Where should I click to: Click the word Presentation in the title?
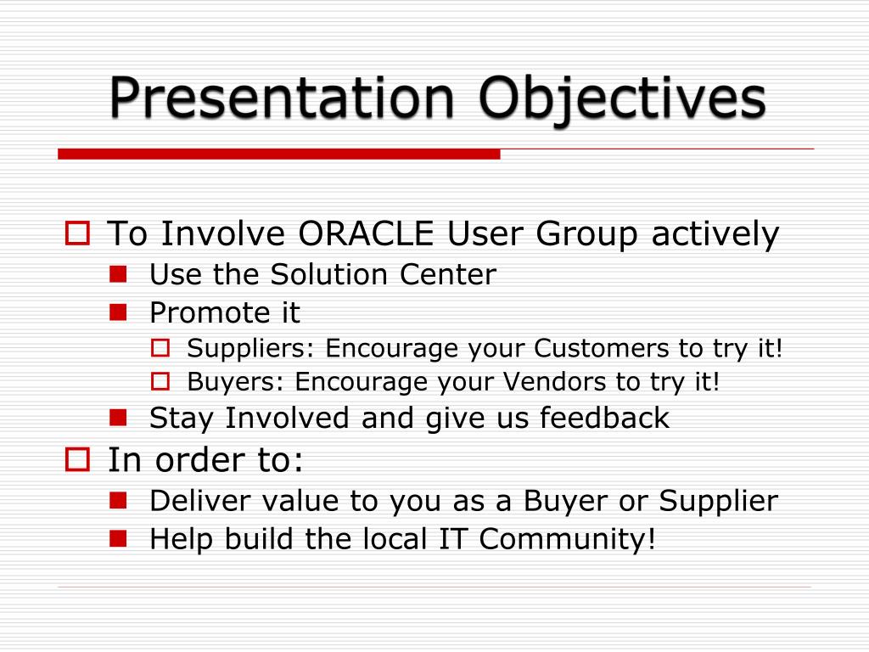[282, 98]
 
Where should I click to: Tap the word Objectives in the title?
[622, 101]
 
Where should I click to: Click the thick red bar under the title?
[278, 154]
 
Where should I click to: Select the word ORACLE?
[366, 233]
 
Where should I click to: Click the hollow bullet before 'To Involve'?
[77, 233]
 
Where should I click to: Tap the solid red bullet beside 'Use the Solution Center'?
[118, 274]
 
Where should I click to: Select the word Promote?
[210, 312]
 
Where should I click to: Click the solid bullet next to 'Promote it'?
[118, 312]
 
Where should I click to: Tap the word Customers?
[602, 348]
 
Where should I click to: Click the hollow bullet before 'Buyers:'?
[160, 381]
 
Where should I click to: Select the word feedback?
[604, 418]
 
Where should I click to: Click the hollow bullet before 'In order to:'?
[77, 459]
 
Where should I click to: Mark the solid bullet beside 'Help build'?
[118, 539]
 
